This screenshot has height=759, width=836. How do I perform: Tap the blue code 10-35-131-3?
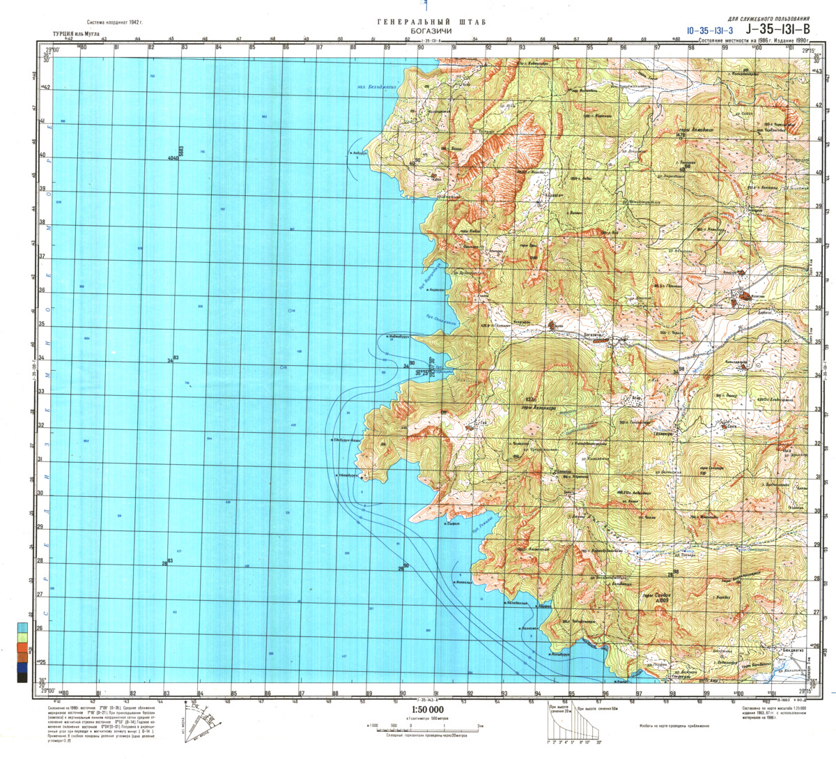click(709, 31)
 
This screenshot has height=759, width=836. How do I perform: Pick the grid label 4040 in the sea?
click(173, 158)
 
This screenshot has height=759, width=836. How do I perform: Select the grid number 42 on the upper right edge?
click(819, 106)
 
